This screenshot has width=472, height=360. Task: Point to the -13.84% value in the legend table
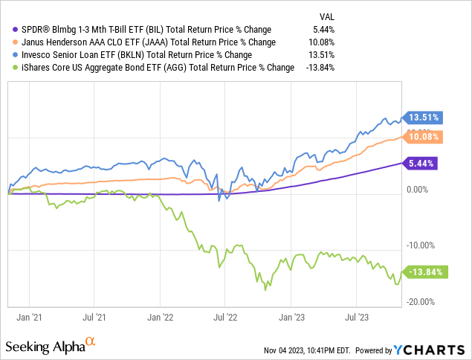click(x=319, y=67)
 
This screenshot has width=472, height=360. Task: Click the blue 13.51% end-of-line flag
click(x=423, y=117)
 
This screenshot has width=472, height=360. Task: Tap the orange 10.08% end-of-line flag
click(x=423, y=137)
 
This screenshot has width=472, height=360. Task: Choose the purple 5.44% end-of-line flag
click(x=421, y=163)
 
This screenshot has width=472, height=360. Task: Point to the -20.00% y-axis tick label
click(x=421, y=301)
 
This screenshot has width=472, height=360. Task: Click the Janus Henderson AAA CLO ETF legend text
click(x=138, y=42)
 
